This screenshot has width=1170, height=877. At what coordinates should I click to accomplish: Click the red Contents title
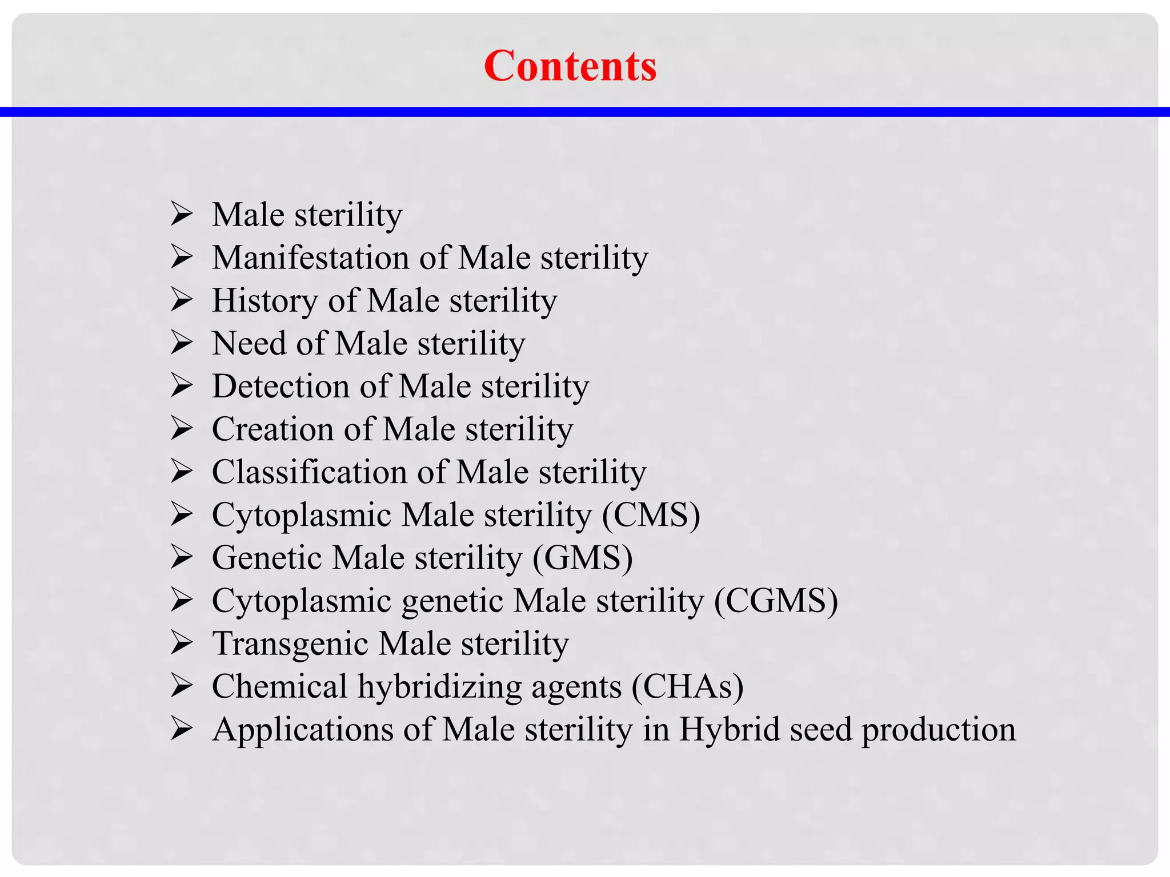570,66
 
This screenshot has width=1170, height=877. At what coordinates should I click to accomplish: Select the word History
265,301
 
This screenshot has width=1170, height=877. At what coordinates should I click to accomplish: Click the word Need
249,344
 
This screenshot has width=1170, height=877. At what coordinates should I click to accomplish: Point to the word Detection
281,387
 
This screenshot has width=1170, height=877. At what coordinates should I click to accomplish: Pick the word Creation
273,429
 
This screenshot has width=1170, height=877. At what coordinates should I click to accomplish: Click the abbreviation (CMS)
651,515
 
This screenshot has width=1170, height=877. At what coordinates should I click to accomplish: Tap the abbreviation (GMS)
583,558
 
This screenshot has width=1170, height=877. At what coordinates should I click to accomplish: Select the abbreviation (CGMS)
776,601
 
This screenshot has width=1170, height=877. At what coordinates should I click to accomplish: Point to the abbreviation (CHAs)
687,686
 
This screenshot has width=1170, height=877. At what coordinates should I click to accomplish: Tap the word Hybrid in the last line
730,730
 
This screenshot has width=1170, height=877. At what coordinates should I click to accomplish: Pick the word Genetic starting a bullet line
267,558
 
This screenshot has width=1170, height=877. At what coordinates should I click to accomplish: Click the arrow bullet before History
182,300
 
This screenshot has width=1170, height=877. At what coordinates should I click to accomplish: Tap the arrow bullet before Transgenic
182,643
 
